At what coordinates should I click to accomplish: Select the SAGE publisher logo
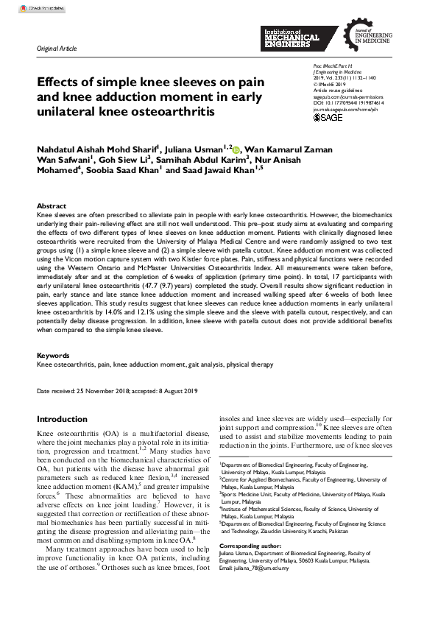328,117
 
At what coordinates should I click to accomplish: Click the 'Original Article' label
57,49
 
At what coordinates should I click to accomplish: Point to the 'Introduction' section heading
62,419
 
